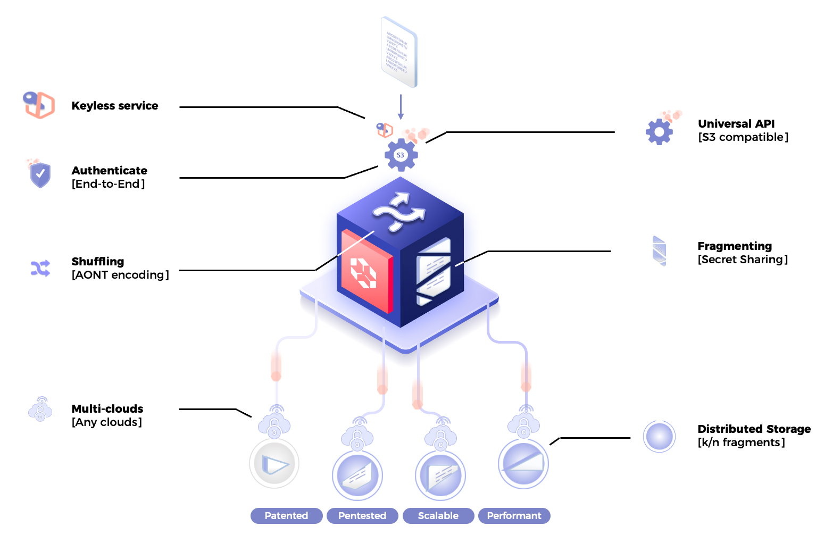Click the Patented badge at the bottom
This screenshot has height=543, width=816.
point(286,515)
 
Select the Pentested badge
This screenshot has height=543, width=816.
point(362,515)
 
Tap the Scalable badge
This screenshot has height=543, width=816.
point(438,515)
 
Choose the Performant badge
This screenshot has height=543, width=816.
point(514,515)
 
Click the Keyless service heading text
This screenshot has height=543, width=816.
point(115,106)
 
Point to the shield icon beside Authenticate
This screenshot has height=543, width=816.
point(40,174)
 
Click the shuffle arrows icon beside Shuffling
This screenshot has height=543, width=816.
point(40,269)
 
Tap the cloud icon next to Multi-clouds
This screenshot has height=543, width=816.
point(40,410)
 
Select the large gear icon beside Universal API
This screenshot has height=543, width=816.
point(660,132)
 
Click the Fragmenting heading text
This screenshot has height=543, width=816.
point(734,246)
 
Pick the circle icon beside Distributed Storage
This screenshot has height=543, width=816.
point(659,437)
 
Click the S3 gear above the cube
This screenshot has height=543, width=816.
point(401,155)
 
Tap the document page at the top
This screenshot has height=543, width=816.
point(399,52)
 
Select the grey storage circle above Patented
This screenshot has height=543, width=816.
point(274,464)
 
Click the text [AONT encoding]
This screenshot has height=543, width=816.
point(120,275)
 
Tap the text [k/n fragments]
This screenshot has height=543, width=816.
point(741,442)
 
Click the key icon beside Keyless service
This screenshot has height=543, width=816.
point(39,104)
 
